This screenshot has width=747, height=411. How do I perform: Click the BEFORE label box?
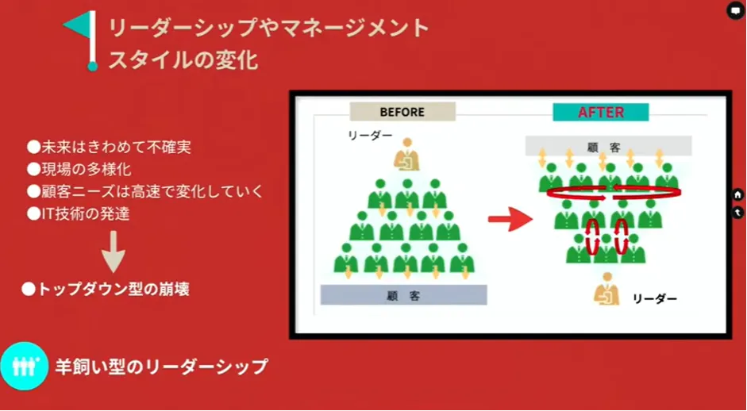(402, 112)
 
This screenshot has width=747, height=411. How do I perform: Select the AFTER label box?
(600, 112)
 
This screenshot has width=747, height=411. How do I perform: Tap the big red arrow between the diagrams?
(509, 220)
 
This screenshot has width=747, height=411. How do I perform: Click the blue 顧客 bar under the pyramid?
(403, 294)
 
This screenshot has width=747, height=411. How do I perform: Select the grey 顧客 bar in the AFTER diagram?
(608, 146)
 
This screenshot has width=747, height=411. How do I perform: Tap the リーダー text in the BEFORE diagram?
(370, 136)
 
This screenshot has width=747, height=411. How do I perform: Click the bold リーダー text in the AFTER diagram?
(654, 299)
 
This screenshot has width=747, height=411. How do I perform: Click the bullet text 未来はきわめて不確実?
(109, 147)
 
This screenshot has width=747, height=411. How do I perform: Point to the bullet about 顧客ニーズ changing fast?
(144, 191)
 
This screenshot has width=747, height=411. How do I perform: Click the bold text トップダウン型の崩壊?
(105, 290)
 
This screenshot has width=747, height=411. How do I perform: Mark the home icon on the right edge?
(737, 194)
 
